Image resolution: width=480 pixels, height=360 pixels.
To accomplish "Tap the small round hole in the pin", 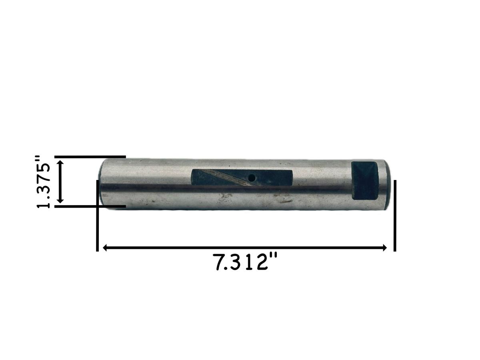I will [x=251, y=177].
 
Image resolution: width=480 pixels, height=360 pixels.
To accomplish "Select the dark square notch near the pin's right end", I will [x=364, y=180].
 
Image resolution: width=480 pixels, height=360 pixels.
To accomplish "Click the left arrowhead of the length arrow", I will [x=105, y=248].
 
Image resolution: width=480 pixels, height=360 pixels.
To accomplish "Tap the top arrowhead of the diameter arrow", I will [x=60, y=163].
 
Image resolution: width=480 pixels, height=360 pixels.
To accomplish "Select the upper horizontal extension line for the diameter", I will [x=90, y=157].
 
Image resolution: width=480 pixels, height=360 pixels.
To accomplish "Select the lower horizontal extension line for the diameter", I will [x=90, y=206].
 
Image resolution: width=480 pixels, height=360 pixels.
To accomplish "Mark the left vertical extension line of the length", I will [x=97, y=216].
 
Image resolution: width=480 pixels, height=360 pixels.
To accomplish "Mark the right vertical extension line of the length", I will [x=395, y=216].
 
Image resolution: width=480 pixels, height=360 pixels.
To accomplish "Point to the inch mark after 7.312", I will [x=273, y=257].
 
